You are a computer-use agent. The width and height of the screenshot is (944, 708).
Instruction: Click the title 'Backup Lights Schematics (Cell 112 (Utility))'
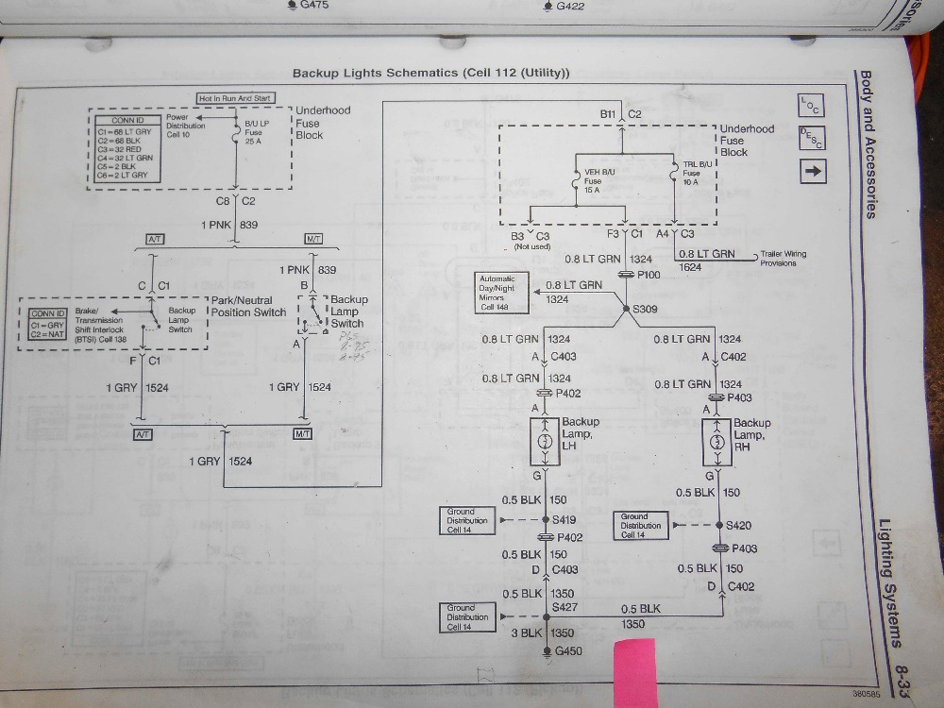(430, 73)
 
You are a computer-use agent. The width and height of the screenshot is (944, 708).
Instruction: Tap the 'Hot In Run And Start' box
(236, 98)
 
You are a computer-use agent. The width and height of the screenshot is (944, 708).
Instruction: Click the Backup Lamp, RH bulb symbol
(718, 442)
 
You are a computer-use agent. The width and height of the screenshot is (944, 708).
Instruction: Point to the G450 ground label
(568, 651)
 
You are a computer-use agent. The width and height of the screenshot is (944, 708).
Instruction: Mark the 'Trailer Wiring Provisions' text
(784, 259)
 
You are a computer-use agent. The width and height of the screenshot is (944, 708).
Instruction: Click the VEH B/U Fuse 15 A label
(593, 180)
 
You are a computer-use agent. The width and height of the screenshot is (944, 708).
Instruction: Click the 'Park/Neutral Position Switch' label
(248, 306)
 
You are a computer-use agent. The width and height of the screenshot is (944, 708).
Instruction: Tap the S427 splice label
(565, 607)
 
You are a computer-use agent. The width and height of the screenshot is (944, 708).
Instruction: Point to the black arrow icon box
(813, 171)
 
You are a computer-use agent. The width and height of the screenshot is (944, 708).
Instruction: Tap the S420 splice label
(743, 526)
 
